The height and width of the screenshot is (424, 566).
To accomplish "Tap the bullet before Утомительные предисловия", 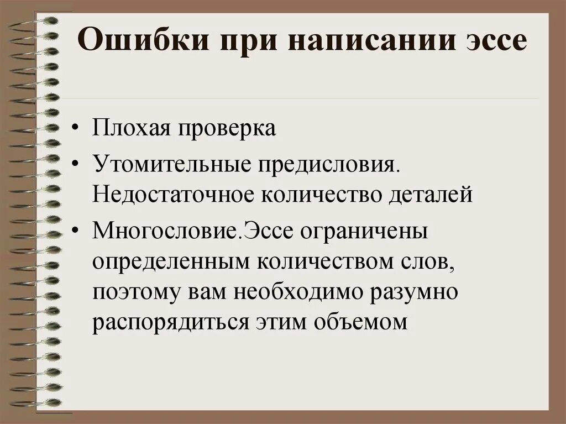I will [x=75, y=164].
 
